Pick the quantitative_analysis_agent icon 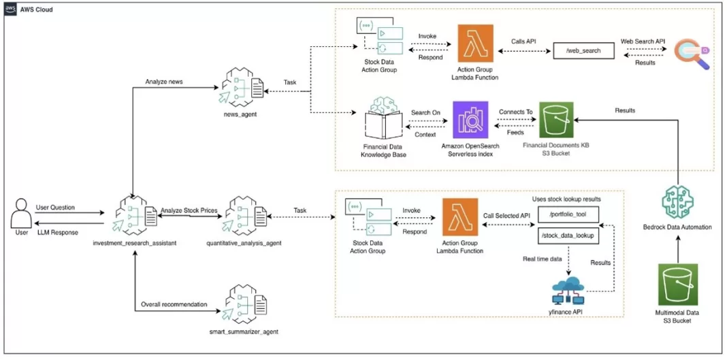point(245,216)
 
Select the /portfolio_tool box point(567,215)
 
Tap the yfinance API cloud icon point(569,288)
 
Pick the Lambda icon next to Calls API point(476,44)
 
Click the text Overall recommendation point(174,304)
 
